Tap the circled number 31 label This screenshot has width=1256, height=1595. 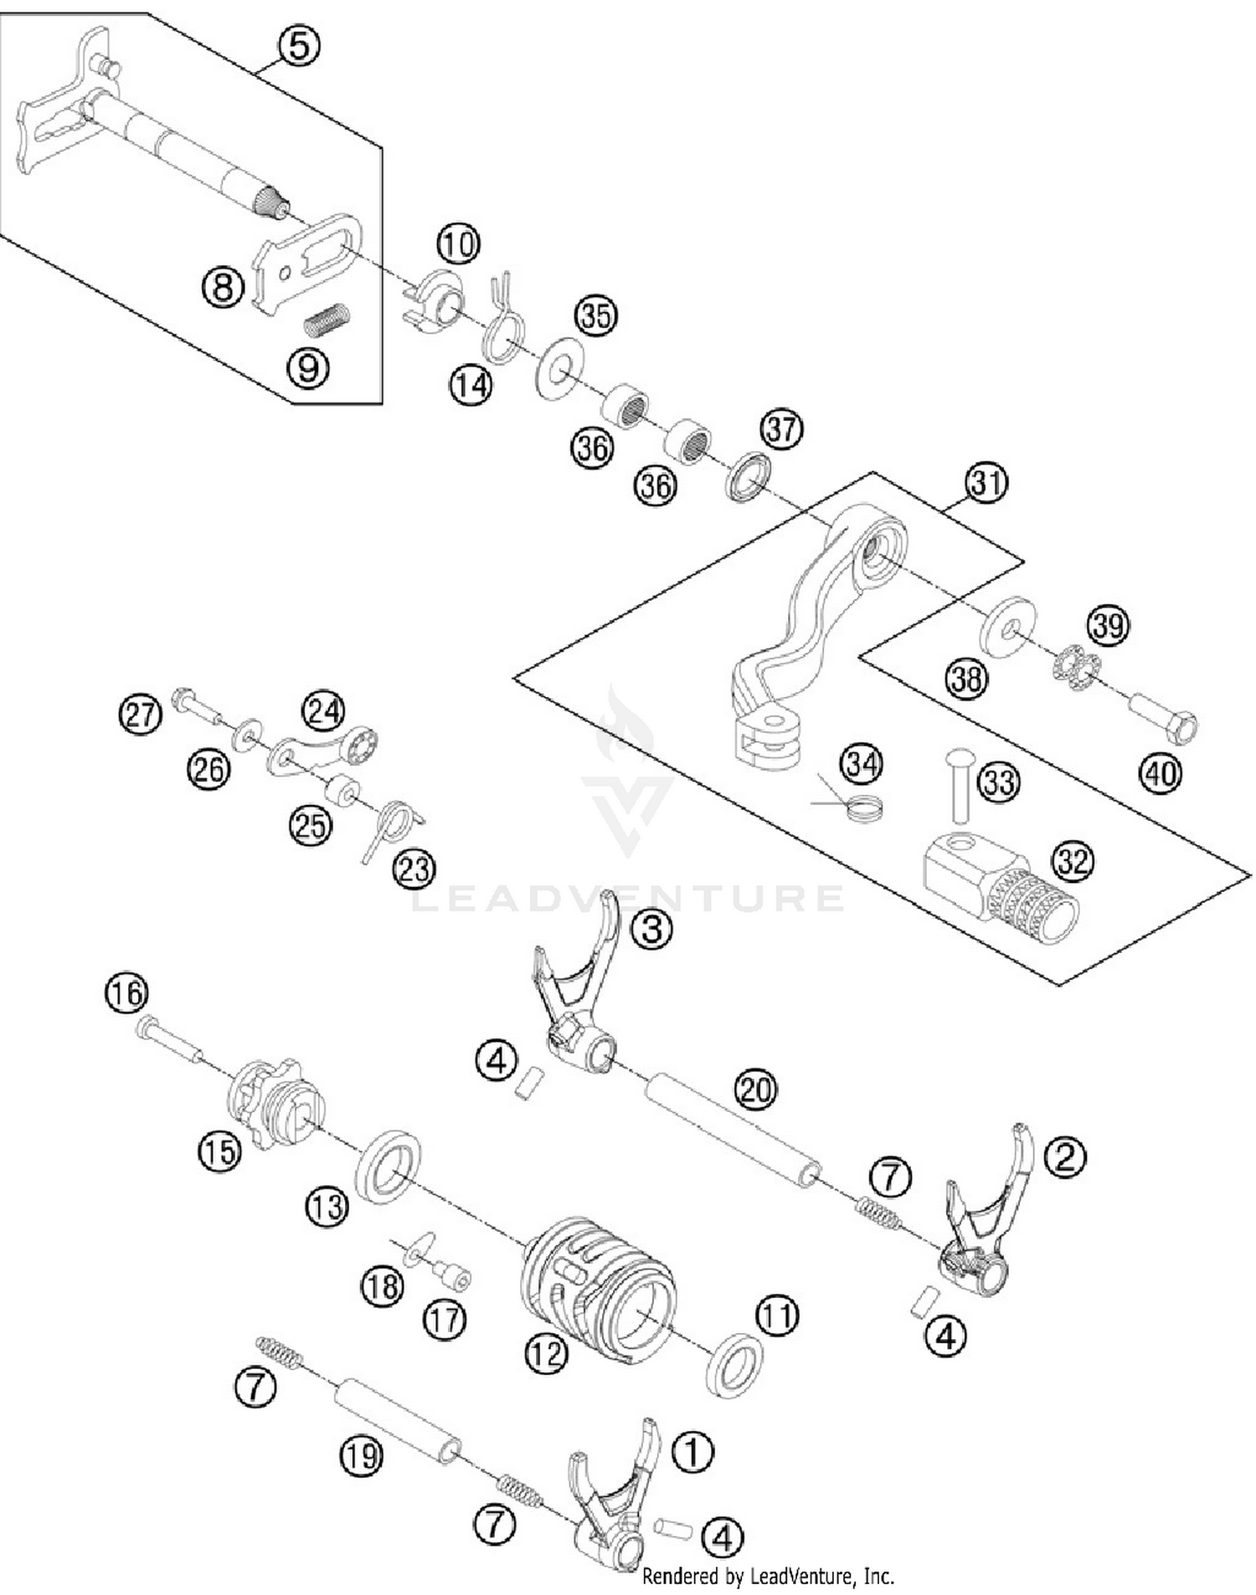pyautogui.click(x=986, y=483)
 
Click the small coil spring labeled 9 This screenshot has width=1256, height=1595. pyautogui.click(x=326, y=319)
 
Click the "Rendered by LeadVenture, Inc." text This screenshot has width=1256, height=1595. pyautogui.click(x=767, y=1577)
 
